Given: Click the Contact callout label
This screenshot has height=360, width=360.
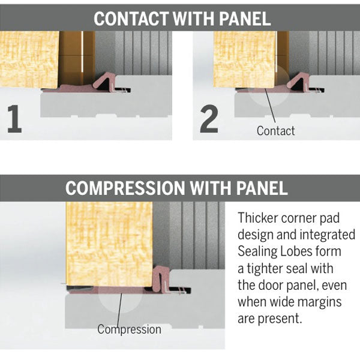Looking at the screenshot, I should pyautogui.click(x=275, y=130).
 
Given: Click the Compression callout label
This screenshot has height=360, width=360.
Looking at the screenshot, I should pyautogui.click(x=129, y=329).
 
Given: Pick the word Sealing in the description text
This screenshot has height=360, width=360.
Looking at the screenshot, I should pyautogui.click(x=259, y=251).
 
